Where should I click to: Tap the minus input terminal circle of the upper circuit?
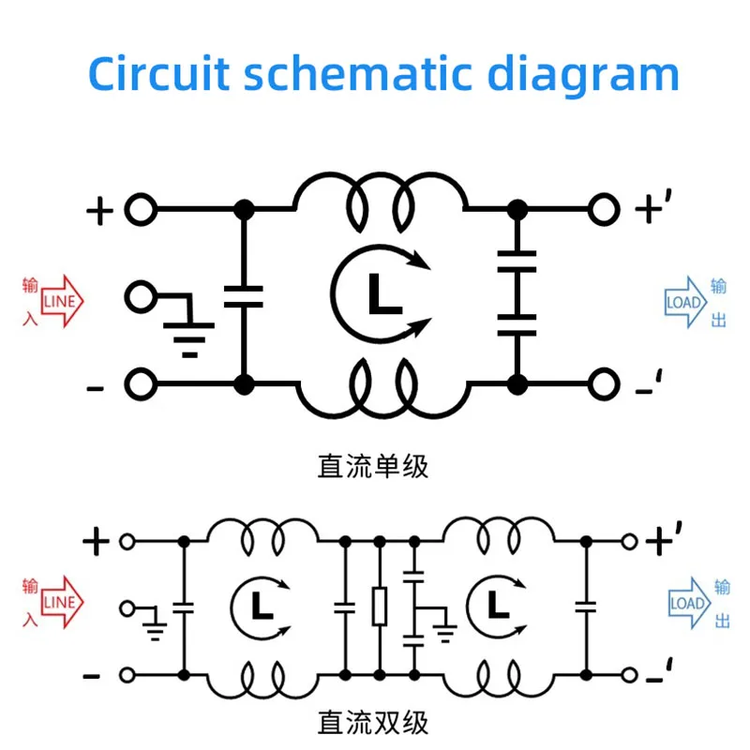tap(141, 383)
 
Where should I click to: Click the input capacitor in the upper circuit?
tap(244, 296)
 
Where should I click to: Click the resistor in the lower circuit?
tap(380, 607)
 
